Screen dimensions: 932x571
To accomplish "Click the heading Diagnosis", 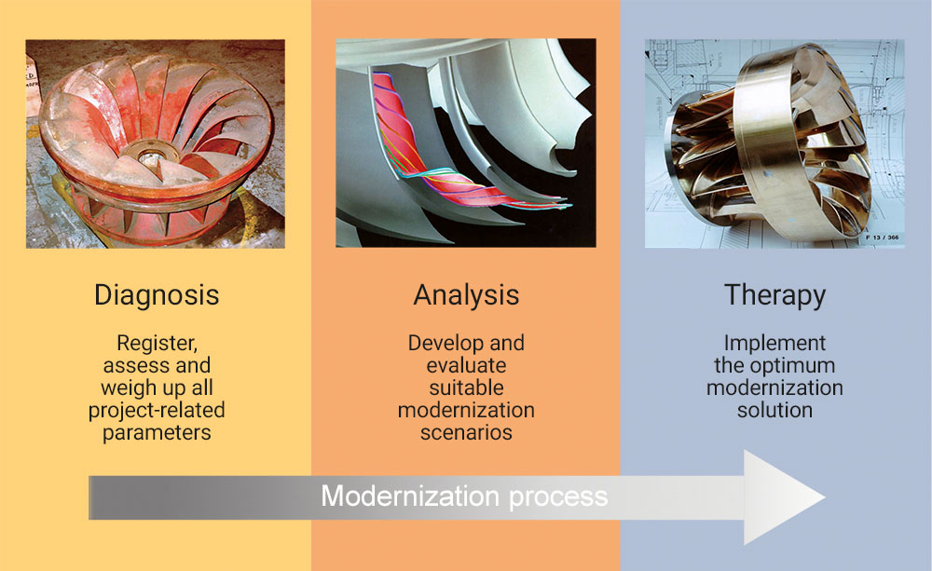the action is coord(157,295).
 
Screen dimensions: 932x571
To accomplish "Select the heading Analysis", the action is coord(467,295).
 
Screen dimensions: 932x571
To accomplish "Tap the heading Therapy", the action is coord(775,295).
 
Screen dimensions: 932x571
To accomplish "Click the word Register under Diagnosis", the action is coord(157,344).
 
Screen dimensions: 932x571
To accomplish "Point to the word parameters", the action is coord(157,432).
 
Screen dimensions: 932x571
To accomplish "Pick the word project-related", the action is coord(157,411).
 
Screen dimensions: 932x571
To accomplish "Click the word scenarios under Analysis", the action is coord(467,432).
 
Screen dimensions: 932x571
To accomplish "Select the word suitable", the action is coord(467,388).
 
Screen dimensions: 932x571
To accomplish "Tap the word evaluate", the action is coord(467,365).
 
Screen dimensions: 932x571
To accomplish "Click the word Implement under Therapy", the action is coord(775,344).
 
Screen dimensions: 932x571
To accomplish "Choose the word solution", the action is coord(775,410).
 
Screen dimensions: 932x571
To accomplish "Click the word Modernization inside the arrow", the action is coord(410,496).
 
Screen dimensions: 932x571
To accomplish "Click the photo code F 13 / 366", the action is coord(883,238).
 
